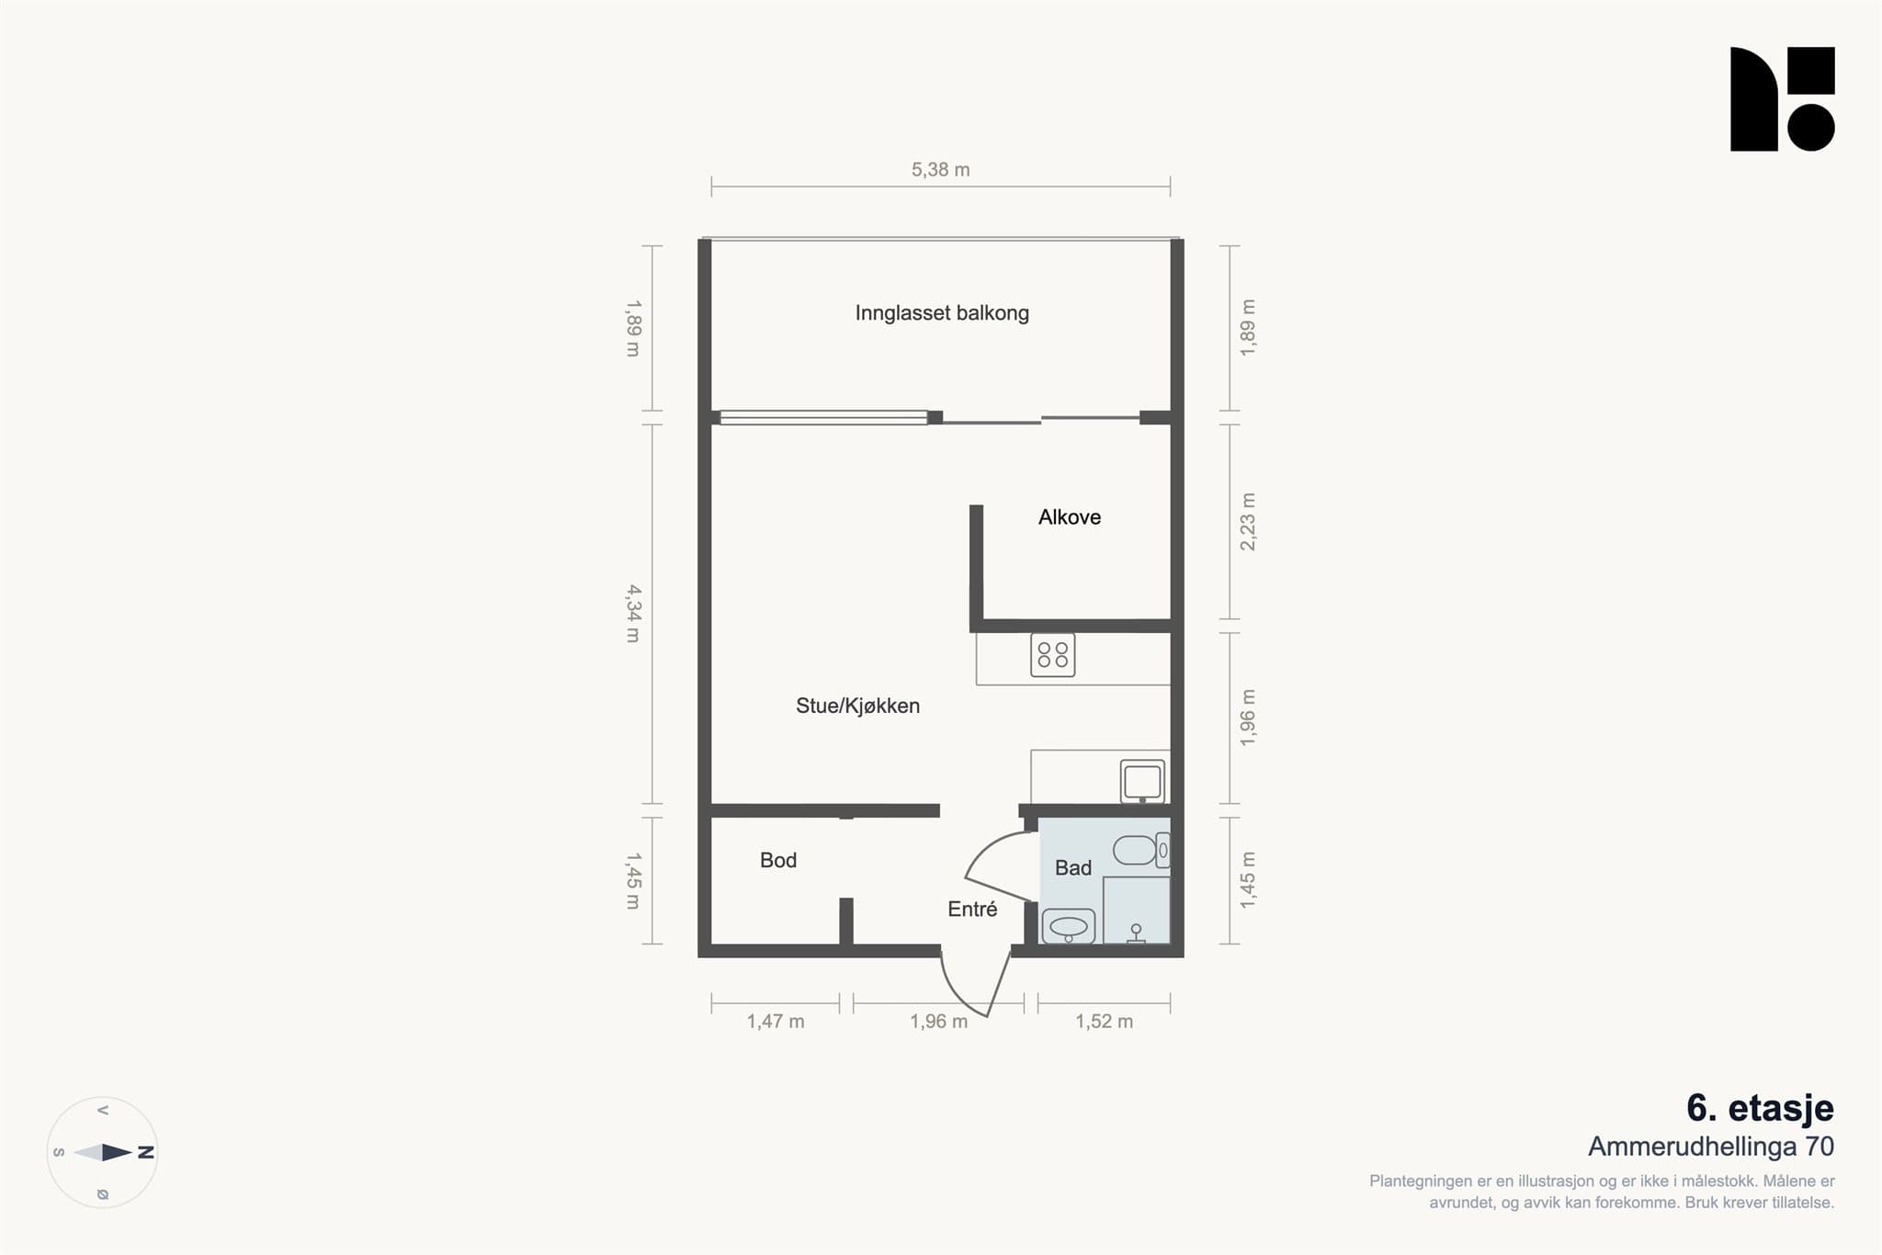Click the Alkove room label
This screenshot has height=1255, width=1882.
click(x=1069, y=517)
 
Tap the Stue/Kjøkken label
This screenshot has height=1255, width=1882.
click(x=857, y=706)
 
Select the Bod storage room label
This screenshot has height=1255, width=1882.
click(x=777, y=860)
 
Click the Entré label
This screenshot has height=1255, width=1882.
click(x=972, y=909)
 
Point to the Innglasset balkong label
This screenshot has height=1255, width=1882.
click(x=942, y=313)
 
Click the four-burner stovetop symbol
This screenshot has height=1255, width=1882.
click(x=1052, y=655)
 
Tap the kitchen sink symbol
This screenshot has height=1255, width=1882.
click(x=1142, y=781)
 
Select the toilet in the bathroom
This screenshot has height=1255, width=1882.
click(x=1141, y=851)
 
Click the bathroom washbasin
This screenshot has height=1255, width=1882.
click(x=1068, y=926)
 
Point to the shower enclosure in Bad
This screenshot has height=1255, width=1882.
click(x=1136, y=910)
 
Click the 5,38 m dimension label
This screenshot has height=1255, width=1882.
click(x=940, y=170)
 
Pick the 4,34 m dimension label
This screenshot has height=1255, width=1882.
click(x=633, y=614)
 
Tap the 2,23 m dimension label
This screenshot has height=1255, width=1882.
click(x=1247, y=522)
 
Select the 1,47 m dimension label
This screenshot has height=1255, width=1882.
click(x=775, y=1022)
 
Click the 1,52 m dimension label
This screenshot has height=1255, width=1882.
click(x=1104, y=1022)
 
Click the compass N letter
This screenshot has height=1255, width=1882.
click(x=145, y=1152)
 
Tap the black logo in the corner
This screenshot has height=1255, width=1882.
click(x=1782, y=99)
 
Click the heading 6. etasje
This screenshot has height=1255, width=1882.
click(x=1760, y=1108)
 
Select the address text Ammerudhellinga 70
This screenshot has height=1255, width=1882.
click(x=1711, y=1147)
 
